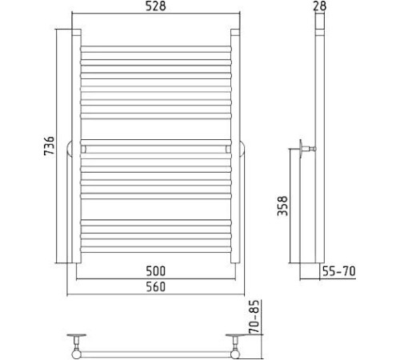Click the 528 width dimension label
[x=156, y=6]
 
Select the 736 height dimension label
[x=49, y=146]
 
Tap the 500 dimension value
[x=156, y=271]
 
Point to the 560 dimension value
[x=156, y=286]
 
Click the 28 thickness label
[x=319, y=6]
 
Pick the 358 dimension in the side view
[x=282, y=206]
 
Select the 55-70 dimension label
[x=339, y=271]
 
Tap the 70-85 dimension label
[x=254, y=317]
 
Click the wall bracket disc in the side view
[x=301, y=148]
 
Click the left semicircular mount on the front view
[x=69, y=149]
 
